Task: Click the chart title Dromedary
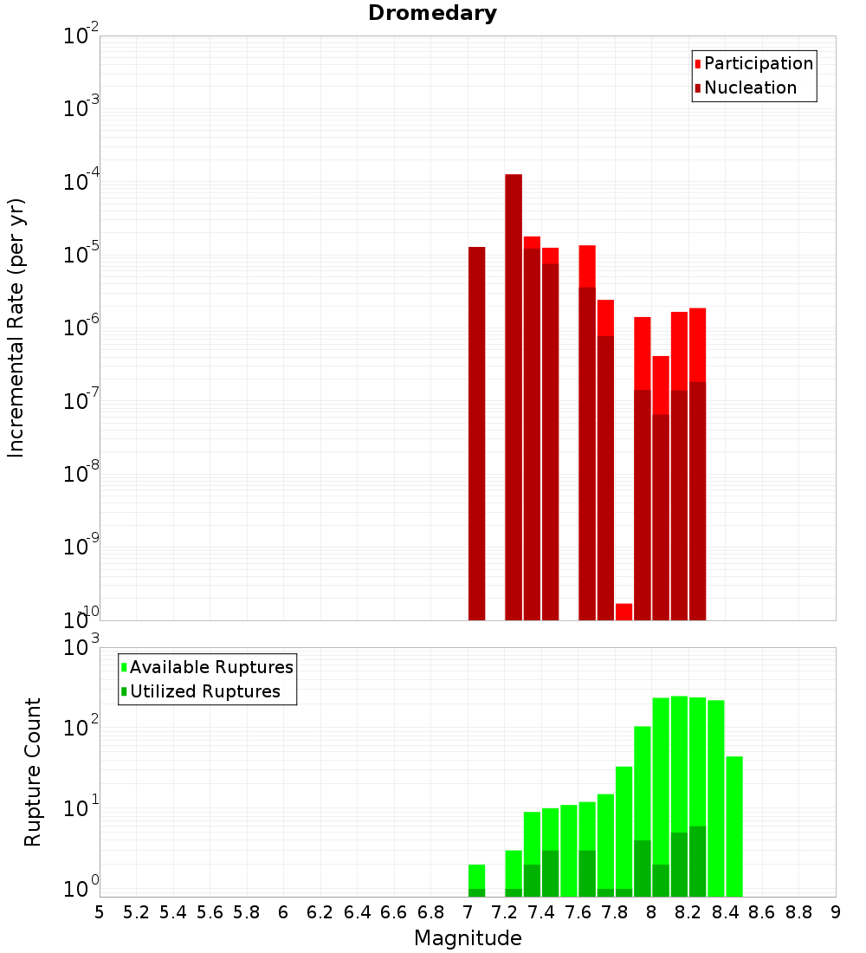pyautogui.click(x=432, y=13)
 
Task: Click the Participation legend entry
pyautogui.click(x=758, y=63)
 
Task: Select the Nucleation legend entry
pyautogui.click(x=749, y=88)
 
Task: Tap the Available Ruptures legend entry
pyautogui.click(x=210, y=667)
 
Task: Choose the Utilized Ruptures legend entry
pyautogui.click(x=204, y=691)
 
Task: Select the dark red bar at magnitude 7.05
pyautogui.click(x=476, y=433)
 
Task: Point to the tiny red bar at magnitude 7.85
pyautogui.click(x=624, y=611)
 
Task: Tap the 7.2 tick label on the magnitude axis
pyautogui.click(x=504, y=912)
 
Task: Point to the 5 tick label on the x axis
pyautogui.click(x=100, y=912)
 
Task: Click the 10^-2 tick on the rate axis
pyautogui.click(x=81, y=36)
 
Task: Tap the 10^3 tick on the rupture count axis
pyautogui.click(x=81, y=647)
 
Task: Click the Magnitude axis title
pyautogui.click(x=468, y=938)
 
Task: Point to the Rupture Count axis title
pyautogui.click(x=33, y=771)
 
